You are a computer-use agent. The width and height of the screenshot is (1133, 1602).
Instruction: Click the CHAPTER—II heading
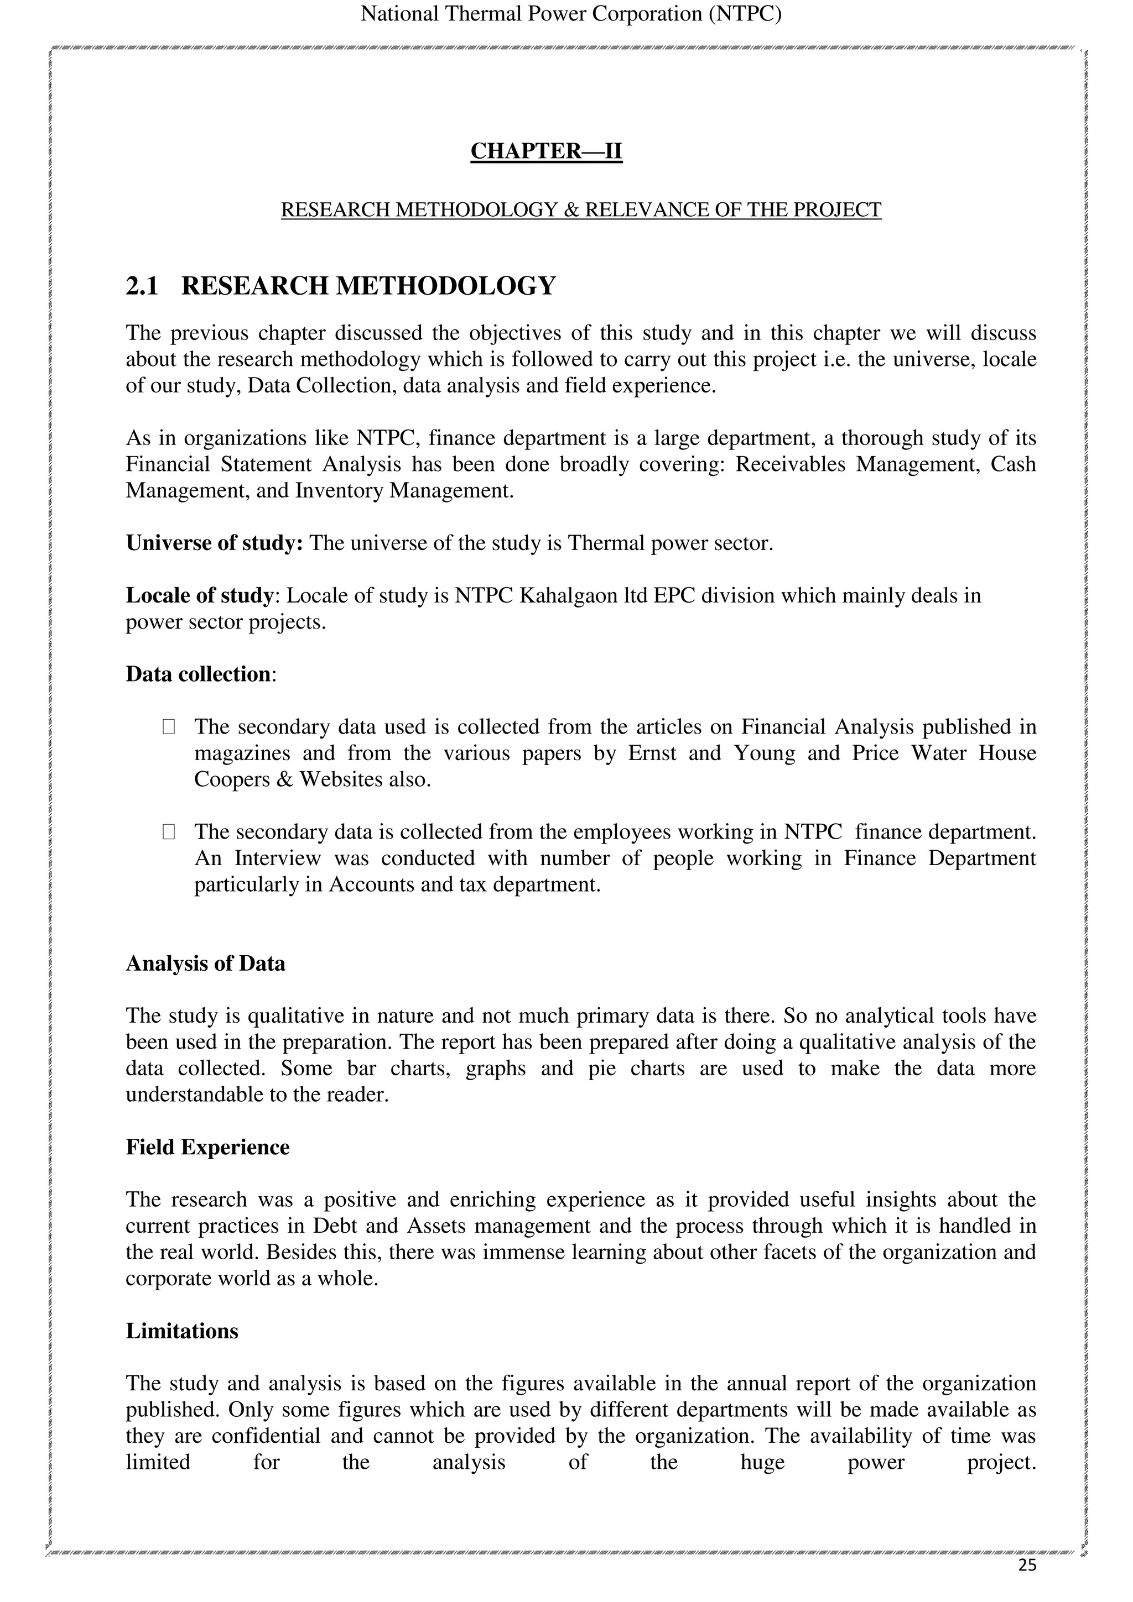coord(546,151)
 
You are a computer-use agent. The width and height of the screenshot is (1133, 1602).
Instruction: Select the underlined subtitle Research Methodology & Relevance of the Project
coord(581,210)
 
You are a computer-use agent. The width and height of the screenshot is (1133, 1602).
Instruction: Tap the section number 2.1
coord(142,286)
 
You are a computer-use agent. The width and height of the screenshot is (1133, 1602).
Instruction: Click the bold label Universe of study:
coord(214,543)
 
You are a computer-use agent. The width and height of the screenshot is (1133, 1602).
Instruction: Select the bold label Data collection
coord(198,674)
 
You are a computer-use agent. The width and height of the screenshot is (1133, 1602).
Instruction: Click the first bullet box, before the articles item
coord(168,727)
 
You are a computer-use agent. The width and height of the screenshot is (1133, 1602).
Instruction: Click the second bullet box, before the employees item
coord(168,832)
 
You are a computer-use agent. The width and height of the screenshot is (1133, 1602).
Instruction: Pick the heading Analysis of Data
coord(205,964)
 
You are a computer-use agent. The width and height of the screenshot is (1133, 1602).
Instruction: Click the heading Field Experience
coord(207,1147)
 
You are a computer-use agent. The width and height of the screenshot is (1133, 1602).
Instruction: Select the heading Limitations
coord(181,1331)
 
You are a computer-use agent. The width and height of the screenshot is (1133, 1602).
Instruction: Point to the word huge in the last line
coord(762,1462)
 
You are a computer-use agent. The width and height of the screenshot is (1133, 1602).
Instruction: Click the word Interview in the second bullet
coord(277,857)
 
